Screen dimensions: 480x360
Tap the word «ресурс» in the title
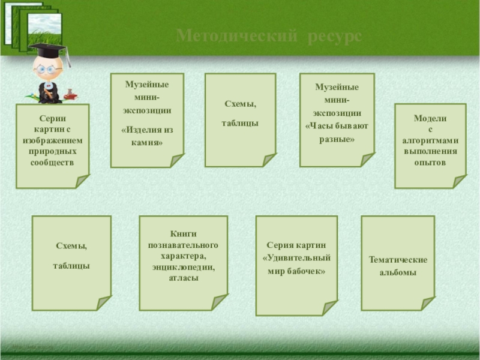tap(336, 37)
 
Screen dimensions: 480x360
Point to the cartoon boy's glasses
tap(44, 69)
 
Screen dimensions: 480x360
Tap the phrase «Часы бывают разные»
tap(337, 133)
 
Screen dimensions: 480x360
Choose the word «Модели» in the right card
tap(430, 119)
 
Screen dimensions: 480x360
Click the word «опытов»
tap(430, 163)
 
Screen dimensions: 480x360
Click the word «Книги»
tap(183, 234)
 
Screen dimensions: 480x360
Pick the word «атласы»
tap(183, 278)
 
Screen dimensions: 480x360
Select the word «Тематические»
tap(398, 260)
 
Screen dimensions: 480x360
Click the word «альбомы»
tap(398, 273)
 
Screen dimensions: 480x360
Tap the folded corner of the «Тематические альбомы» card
tap(427, 303)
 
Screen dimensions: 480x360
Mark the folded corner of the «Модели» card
tap(459, 181)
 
